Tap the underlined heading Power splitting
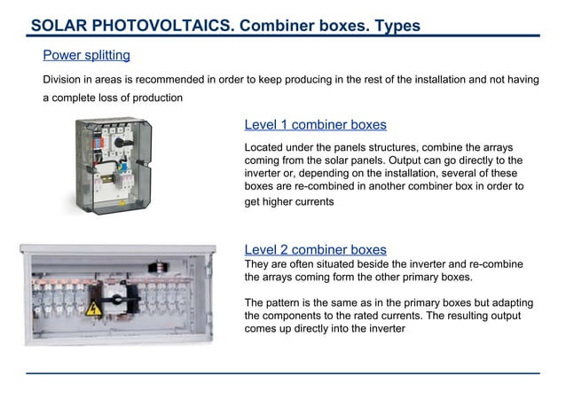86,56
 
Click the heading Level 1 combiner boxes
315,125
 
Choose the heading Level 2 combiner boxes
315,250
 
